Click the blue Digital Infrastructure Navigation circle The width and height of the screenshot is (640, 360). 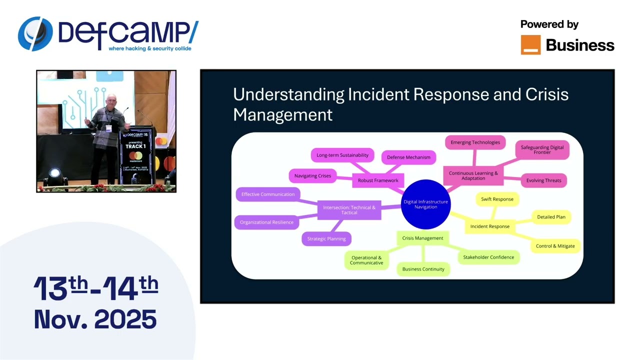point(425,204)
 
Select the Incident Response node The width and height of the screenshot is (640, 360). point(489,226)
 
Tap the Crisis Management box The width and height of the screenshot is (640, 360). point(422,238)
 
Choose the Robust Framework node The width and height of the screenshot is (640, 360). point(378,180)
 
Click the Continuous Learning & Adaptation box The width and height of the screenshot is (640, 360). point(473,175)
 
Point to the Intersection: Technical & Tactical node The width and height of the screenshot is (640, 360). point(349,210)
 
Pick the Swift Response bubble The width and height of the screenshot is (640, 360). point(497,199)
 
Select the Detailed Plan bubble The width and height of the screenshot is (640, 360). point(551,217)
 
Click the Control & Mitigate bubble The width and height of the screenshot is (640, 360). point(555,246)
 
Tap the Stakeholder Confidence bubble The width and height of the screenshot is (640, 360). point(488,257)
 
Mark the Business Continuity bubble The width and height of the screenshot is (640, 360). point(423,269)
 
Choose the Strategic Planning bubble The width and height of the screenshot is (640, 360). point(326,238)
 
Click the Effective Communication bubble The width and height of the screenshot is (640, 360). point(268,194)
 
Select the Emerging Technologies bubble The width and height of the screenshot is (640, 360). point(475,142)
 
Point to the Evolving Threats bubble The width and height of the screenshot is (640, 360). point(543,180)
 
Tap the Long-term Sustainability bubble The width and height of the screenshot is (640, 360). point(342,155)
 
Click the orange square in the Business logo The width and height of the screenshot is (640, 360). point(530,45)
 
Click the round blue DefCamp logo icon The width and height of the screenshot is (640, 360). point(35,34)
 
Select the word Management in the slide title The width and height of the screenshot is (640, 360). point(282,114)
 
